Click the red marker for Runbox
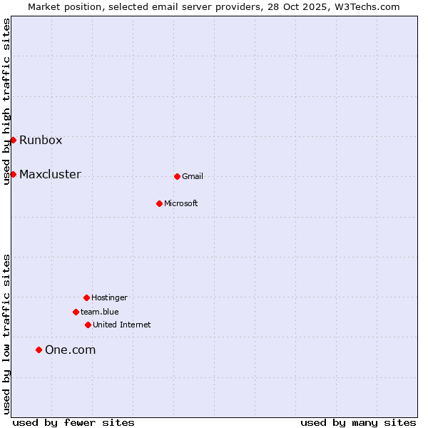[x=13, y=140]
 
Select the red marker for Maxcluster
[x=13, y=174]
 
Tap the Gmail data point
[x=177, y=176]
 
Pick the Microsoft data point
[x=159, y=203]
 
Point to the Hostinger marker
[x=86, y=297]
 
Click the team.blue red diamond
[x=76, y=312]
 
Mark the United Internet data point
[x=88, y=325]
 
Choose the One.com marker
[x=39, y=350]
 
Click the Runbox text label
[x=41, y=140]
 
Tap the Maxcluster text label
[x=50, y=174]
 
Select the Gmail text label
[x=193, y=176]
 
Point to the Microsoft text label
[x=181, y=203]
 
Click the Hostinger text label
[x=109, y=297]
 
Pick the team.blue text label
[x=100, y=312]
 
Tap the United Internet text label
[x=122, y=325]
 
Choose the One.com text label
[x=70, y=350]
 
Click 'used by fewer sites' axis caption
[x=73, y=422]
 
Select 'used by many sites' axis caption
[x=358, y=422]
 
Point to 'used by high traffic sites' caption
[x=6, y=101]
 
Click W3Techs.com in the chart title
[x=365, y=6]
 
